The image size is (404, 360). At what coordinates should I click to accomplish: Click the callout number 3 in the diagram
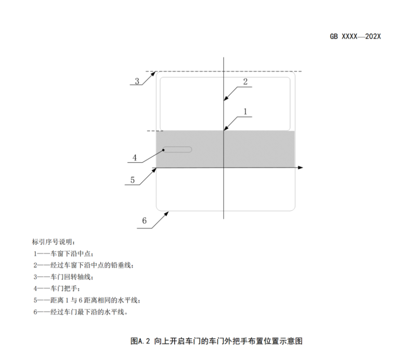(137, 81)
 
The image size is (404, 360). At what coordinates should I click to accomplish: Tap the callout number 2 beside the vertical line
(245, 82)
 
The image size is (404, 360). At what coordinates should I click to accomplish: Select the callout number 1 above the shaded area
(245, 112)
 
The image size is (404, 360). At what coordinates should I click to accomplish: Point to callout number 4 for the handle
(135, 158)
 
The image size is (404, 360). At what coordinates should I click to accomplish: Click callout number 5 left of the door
(132, 180)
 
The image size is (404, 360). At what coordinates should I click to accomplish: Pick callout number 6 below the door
(144, 220)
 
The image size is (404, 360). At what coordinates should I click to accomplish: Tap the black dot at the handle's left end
(163, 150)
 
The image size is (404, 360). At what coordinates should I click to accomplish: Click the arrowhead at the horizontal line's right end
(300, 168)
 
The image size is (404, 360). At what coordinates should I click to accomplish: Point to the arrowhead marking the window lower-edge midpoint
(226, 128)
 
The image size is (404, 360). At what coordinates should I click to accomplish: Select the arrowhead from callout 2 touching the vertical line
(226, 98)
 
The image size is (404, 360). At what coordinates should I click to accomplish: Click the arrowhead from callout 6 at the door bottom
(167, 214)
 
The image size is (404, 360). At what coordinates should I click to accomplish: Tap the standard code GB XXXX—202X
(356, 36)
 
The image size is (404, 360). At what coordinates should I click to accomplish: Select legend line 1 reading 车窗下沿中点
(63, 254)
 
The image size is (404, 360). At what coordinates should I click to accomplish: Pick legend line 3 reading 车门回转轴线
(63, 277)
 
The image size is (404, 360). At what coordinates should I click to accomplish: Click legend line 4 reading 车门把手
(57, 289)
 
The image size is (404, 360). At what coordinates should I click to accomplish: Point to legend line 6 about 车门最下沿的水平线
(81, 312)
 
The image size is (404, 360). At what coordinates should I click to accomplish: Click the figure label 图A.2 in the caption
(140, 341)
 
